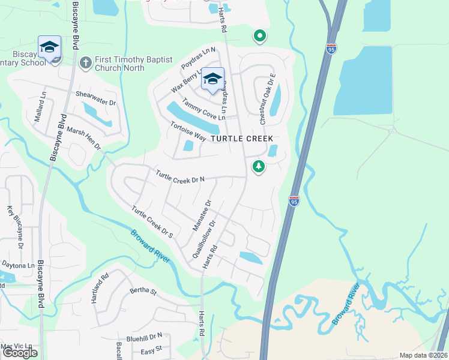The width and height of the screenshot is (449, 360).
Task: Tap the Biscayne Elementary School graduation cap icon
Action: coord(49,46)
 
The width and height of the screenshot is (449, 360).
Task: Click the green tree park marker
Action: coord(259,166)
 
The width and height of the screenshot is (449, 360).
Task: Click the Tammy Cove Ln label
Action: coord(203,109)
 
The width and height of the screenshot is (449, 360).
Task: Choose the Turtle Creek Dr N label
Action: coord(180,176)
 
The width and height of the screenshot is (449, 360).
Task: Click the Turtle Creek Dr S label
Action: coord(152,222)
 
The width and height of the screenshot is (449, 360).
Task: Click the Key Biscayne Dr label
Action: coord(14,228)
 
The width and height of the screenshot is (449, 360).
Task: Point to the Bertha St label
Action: coord(143,292)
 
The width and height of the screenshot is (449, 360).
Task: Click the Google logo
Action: coord(20,353)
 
